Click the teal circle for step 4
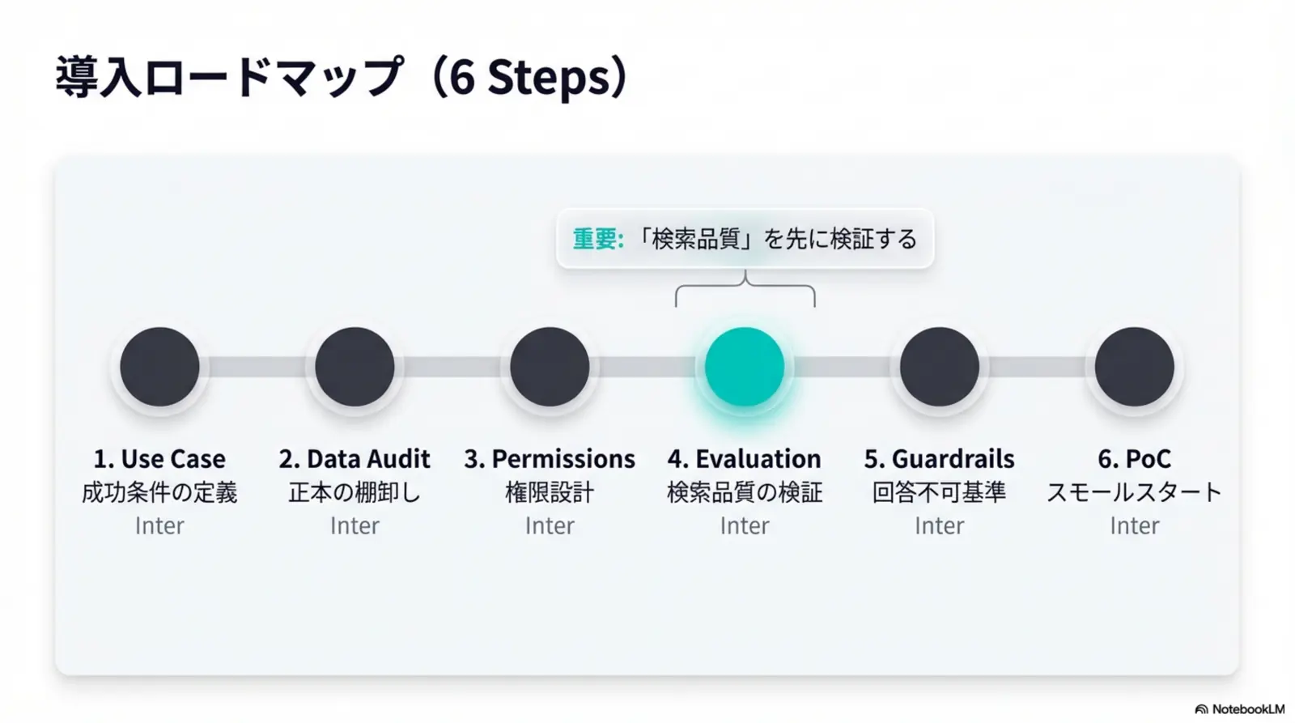tap(745, 367)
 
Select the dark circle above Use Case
tap(159, 367)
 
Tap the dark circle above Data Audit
tap(355, 367)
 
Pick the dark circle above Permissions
tap(550, 367)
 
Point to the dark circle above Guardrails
tap(940, 367)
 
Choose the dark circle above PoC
tap(1134, 367)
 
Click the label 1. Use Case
tap(159, 459)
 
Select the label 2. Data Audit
tap(355, 459)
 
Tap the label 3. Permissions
tap(550, 459)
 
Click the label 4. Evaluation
tap(745, 459)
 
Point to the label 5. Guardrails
tap(940, 459)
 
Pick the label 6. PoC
tap(1134, 459)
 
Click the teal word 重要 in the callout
tap(595, 239)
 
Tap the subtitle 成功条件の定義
tap(159, 493)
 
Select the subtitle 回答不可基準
tap(940, 493)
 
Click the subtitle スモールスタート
tap(1134, 493)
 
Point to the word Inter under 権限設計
tap(550, 525)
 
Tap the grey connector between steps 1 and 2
tap(257, 367)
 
